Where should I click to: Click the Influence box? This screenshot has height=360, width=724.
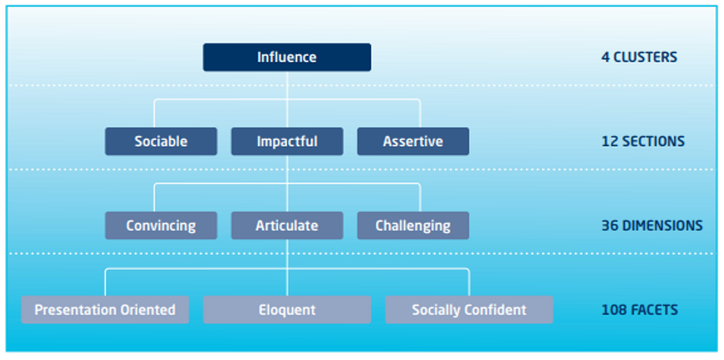click(x=287, y=57)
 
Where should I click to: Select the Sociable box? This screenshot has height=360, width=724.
click(x=161, y=141)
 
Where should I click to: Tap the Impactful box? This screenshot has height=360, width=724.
click(x=287, y=141)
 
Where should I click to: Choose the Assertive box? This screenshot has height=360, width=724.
click(x=413, y=141)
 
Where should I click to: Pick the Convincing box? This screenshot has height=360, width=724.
click(x=161, y=225)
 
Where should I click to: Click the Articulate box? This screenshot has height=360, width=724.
click(x=287, y=225)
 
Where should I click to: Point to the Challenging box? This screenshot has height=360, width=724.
click(x=413, y=225)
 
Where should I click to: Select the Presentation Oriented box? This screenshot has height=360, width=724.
click(x=105, y=309)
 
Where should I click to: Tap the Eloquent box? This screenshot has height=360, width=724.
click(x=287, y=309)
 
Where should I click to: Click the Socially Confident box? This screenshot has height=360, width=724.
click(x=469, y=309)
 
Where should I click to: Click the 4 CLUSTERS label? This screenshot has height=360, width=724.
click(x=639, y=57)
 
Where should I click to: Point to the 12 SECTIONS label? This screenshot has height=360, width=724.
click(x=643, y=141)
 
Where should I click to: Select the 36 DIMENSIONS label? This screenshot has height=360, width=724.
click(x=652, y=225)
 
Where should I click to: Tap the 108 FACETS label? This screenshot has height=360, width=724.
click(x=639, y=309)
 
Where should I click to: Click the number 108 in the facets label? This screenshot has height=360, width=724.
click(x=612, y=309)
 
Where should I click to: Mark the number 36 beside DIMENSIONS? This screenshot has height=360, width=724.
click(x=609, y=225)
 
